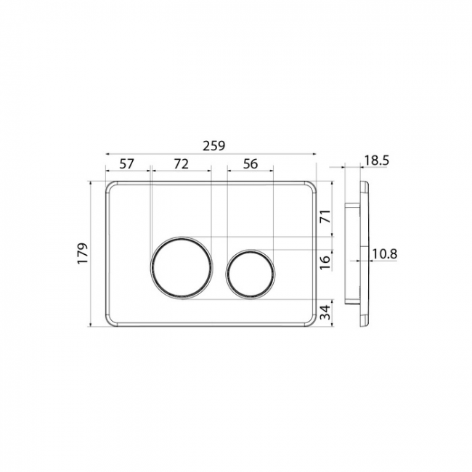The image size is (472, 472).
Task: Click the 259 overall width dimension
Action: coord(213,146)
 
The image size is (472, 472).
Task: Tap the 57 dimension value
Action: coord(126,164)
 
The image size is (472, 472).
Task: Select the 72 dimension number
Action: coord(182,164)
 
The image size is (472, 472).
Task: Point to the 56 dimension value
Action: coord(251,164)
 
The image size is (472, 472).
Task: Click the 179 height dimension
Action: coord(83,253)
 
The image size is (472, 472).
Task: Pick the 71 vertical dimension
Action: coord(325,216)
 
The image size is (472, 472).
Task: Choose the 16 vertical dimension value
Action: coord(325,262)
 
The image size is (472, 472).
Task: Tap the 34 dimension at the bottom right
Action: coord(325,312)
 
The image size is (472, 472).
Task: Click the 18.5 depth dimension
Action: coord(377,160)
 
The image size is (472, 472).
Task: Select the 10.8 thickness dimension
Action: coord(385,253)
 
